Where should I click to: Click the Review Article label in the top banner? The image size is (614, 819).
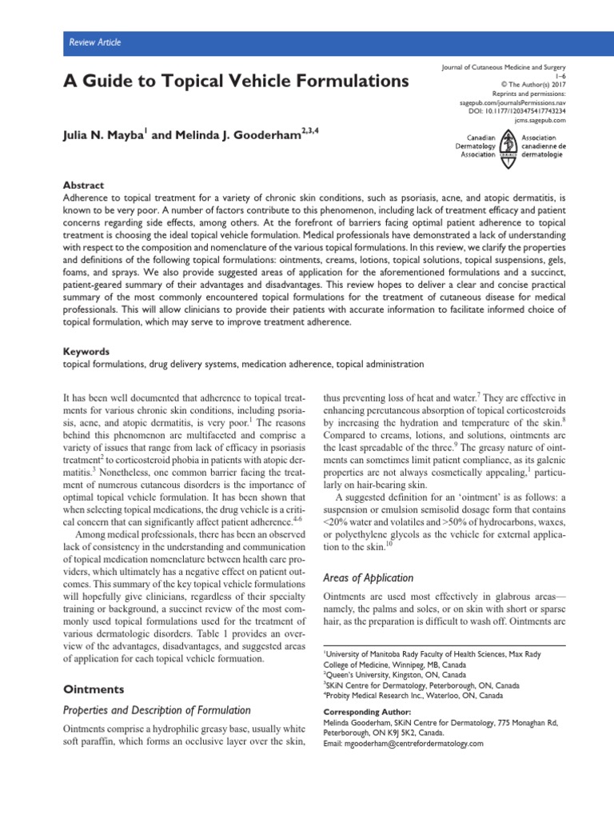(x=94, y=42)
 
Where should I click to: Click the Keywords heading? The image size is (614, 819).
(x=87, y=352)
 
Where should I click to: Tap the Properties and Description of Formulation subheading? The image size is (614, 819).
(x=157, y=709)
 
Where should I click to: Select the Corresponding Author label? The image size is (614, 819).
(x=367, y=712)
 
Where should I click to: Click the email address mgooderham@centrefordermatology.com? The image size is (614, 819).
(x=403, y=743)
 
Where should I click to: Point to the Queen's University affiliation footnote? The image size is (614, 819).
(x=379, y=675)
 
